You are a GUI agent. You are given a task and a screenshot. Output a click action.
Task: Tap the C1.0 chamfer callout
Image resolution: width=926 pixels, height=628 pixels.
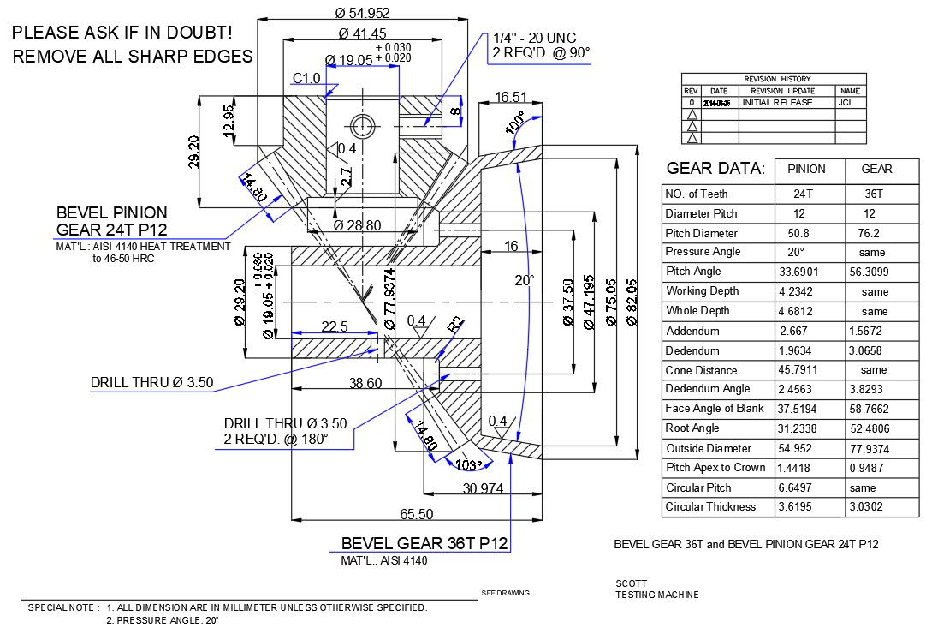[x=306, y=79]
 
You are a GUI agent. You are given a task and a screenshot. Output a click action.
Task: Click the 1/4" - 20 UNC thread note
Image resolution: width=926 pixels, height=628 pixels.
[x=535, y=38]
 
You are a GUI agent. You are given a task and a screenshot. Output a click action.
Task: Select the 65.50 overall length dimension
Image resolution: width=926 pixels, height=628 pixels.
[x=416, y=514]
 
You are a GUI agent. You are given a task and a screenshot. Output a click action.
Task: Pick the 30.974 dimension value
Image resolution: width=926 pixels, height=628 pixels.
[x=484, y=488]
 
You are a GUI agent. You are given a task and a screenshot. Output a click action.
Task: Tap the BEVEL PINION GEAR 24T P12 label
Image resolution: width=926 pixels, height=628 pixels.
[x=111, y=221]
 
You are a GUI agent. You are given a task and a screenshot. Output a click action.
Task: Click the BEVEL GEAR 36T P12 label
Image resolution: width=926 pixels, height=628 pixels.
[x=424, y=543]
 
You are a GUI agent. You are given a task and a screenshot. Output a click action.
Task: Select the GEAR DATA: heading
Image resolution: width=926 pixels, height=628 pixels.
[x=715, y=169]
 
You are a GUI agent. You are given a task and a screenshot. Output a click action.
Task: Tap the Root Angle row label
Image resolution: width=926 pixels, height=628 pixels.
[x=692, y=428]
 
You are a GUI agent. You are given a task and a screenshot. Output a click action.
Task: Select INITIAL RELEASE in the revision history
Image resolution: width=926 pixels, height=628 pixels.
[x=778, y=102]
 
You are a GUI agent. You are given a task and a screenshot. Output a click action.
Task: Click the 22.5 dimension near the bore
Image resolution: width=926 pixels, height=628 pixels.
[x=334, y=326]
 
